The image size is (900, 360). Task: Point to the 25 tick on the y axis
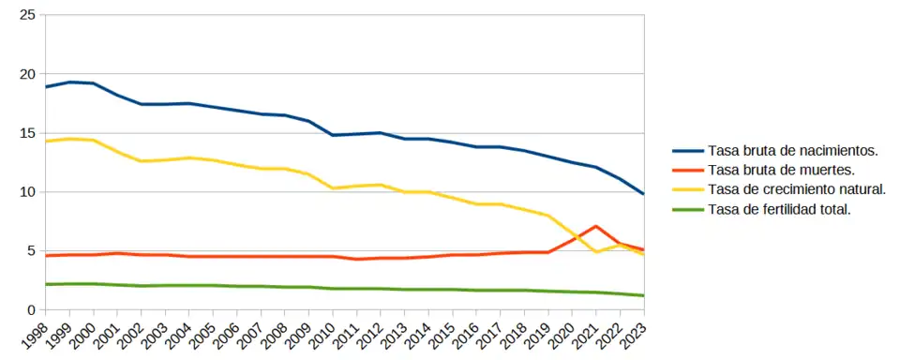(27, 16)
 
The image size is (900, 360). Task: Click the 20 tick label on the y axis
(27, 74)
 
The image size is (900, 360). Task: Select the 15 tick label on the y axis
(27, 133)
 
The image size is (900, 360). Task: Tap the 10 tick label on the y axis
(27, 192)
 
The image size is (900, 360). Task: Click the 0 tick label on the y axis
(32, 310)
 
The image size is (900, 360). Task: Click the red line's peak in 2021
(595, 226)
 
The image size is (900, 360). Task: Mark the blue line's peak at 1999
(69, 82)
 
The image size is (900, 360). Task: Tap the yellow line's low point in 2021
(595, 252)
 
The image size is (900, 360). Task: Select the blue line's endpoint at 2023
(643, 194)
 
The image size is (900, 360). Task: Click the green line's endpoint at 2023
(643, 295)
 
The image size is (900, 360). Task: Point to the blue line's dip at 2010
(333, 135)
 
